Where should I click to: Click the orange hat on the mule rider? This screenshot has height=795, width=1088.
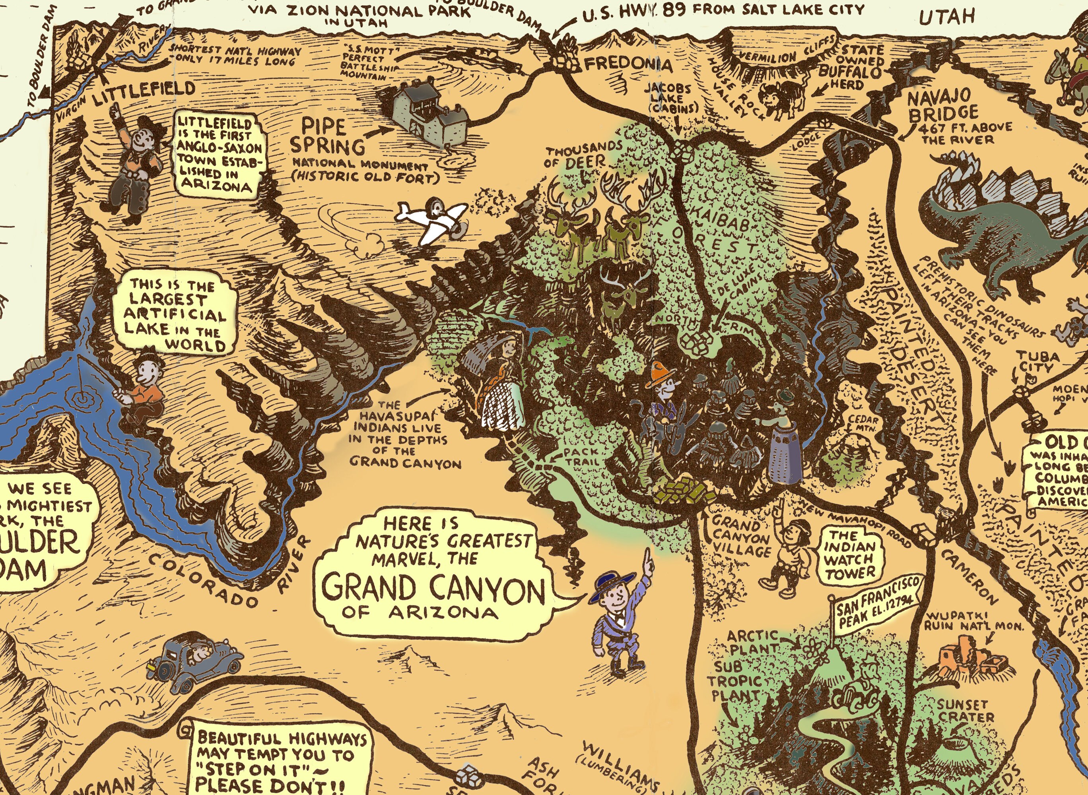pos(658,375)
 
